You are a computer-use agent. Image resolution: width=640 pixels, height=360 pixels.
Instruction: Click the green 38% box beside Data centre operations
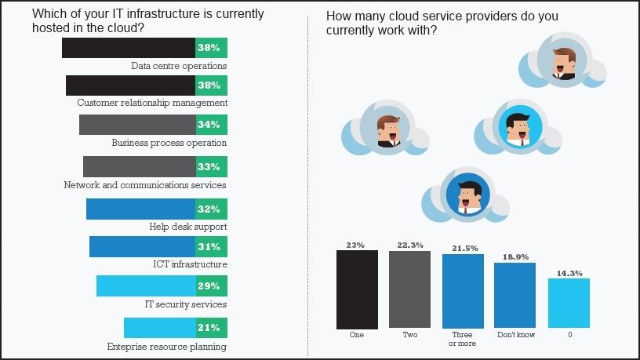pos(211,48)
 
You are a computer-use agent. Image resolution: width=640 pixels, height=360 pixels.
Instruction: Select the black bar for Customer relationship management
pos(130,85)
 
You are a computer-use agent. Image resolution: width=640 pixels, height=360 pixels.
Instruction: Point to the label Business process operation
pos(169,143)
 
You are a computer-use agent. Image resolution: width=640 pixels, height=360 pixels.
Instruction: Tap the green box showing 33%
pos(211,166)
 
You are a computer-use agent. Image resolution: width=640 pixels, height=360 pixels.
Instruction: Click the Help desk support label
pos(187,227)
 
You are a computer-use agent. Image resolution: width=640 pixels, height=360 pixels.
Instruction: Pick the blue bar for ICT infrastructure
pos(142,247)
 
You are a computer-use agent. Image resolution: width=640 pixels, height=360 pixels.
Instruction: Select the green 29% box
pos(211,286)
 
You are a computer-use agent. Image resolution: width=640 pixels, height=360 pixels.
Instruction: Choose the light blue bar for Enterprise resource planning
pos(159,328)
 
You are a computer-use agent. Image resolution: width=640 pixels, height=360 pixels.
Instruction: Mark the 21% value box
pos(211,328)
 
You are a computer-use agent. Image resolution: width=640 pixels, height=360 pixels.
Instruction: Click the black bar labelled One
pos(357,289)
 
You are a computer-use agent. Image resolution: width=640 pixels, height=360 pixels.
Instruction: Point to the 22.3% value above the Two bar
pos(409,245)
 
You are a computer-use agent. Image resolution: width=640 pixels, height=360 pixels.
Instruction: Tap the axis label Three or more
pos(463,339)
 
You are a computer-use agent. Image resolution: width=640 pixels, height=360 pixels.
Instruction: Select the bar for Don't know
pos(515,296)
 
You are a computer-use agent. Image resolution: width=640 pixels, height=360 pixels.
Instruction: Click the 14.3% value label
pos(568,273)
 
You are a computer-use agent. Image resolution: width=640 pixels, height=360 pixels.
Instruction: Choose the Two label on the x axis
pos(409,335)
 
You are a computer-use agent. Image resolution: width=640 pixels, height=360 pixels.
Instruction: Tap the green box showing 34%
pos(211,125)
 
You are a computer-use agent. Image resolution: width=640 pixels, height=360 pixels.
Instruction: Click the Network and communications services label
pos(144,185)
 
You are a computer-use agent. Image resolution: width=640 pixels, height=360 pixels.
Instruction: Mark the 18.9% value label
pos(515,256)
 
